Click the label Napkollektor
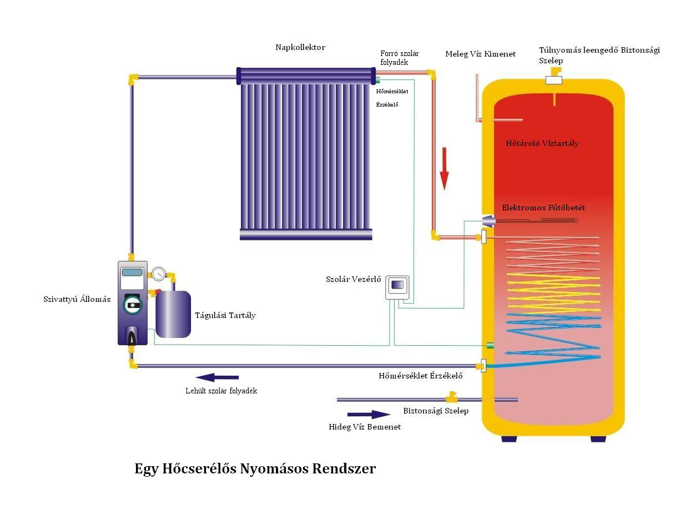(300, 48)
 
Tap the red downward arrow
(444, 169)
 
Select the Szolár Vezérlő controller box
(397, 287)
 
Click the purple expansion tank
(173, 314)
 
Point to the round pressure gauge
(158, 274)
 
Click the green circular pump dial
(132, 305)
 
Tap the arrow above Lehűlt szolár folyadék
(217, 377)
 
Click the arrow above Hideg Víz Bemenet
(369, 414)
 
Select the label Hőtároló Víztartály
(542, 143)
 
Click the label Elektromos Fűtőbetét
(543, 208)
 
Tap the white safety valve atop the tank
(554, 80)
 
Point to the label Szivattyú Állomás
(77, 299)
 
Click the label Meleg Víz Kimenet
(480, 54)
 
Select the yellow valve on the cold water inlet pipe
(451, 397)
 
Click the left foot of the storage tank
(509, 439)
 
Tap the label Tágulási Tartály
(225, 315)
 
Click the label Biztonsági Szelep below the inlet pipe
(436, 411)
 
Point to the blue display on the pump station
(132, 272)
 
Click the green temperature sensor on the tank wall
(490, 345)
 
